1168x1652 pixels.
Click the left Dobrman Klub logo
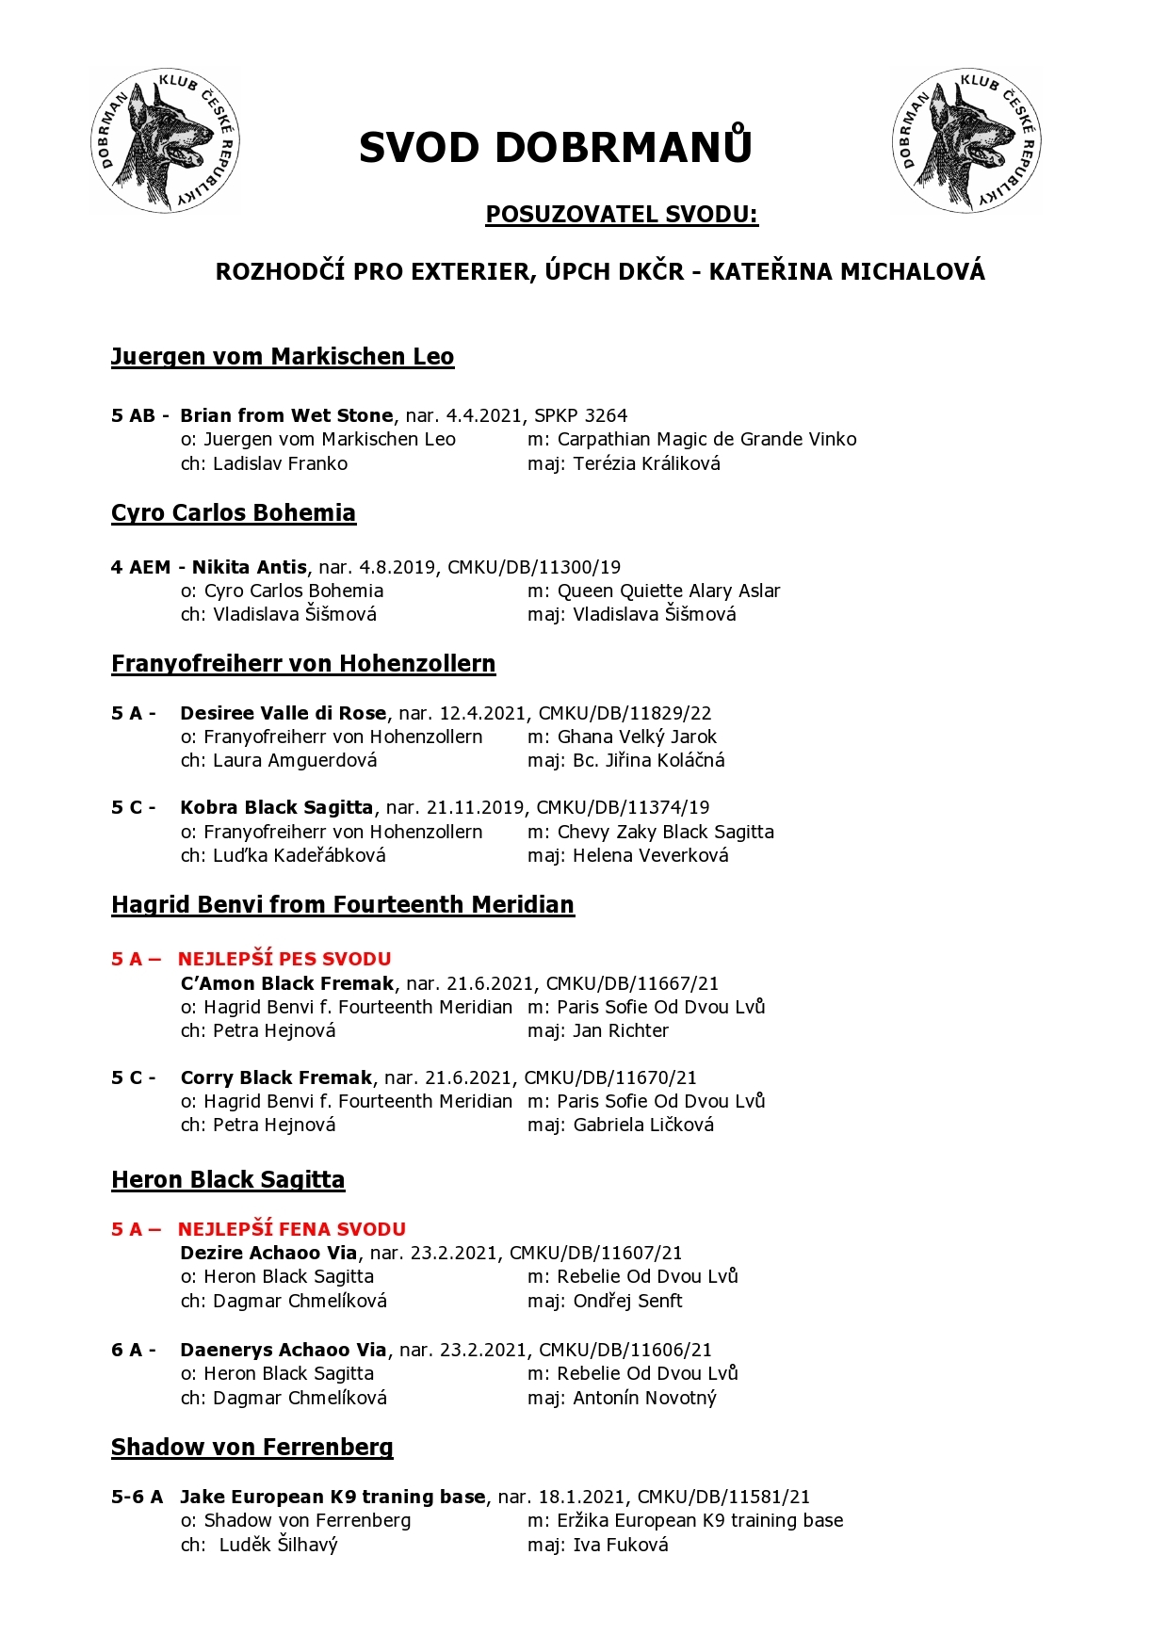(165, 140)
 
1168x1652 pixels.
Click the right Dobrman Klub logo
(966, 140)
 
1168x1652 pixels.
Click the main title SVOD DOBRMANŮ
(555, 148)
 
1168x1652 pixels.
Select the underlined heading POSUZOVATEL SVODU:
(622, 215)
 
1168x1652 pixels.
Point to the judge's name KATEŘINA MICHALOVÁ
(847, 272)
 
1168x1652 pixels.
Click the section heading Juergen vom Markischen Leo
(283, 357)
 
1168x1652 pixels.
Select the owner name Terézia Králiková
(646, 463)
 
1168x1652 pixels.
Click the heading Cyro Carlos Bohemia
(234, 513)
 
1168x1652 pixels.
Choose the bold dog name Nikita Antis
(249, 567)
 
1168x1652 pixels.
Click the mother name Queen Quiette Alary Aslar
(669, 591)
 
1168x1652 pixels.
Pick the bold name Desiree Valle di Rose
(283, 713)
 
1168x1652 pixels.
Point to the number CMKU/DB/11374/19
(623, 807)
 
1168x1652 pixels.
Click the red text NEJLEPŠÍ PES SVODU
(284, 959)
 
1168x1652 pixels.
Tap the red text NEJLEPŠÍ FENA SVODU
(292, 1229)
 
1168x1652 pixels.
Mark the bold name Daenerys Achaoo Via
(283, 1350)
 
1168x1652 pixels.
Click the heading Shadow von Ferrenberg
(252, 1448)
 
